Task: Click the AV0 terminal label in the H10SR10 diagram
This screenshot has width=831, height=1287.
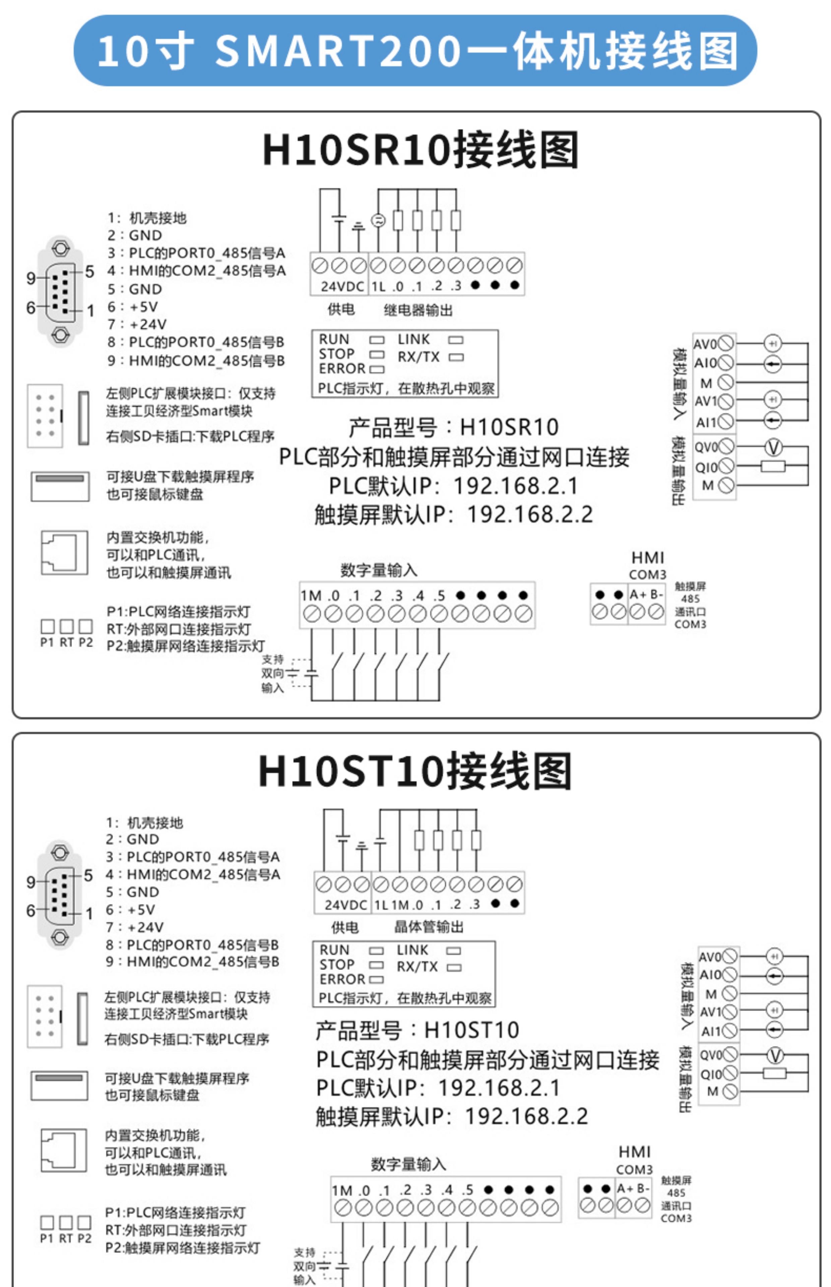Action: pyautogui.click(x=705, y=344)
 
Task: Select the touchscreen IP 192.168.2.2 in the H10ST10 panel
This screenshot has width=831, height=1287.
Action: pyautogui.click(x=526, y=1116)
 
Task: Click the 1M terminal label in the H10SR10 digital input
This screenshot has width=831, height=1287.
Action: pyautogui.click(x=311, y=596)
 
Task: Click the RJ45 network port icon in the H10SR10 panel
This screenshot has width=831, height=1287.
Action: pyautogui.click(x=64, y=553)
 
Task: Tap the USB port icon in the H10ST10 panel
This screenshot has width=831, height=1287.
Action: pyautogui.click(x=59, y=1085)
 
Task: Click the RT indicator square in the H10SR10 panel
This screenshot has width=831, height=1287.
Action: pyautogui.click(x=66, y=626)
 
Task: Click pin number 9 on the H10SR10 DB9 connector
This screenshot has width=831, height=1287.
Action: pyautogui.click(x=31, y=279)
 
